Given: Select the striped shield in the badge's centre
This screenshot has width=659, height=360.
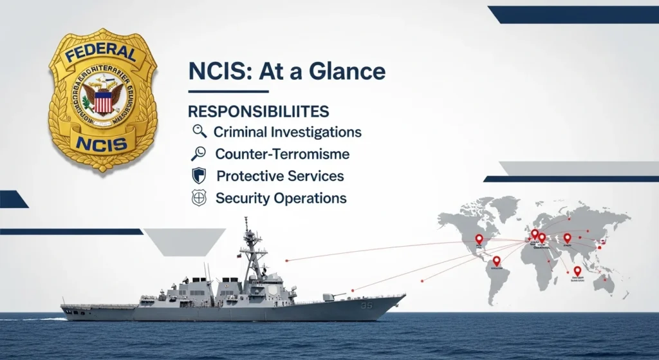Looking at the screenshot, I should (103, 102).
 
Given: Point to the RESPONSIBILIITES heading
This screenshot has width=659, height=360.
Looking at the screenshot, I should (258, 111).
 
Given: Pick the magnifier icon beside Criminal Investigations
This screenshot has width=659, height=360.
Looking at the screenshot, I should (200, 131).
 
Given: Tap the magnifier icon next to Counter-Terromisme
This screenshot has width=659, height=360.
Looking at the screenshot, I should (198, 153).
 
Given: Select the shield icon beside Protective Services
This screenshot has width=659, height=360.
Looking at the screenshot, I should (199, 175).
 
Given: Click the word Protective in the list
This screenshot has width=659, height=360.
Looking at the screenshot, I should (248, 176).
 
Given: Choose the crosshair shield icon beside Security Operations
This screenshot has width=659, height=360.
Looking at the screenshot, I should (199, 198).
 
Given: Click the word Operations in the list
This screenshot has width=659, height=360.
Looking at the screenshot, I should (310, 198).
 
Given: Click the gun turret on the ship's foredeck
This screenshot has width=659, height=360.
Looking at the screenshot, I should (329, 297).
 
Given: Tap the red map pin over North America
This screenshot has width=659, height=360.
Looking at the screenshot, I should (479, 239).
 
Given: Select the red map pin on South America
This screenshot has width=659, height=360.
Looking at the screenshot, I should (496, 260).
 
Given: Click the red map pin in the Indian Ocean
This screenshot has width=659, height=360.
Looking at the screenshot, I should (577, 271).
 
